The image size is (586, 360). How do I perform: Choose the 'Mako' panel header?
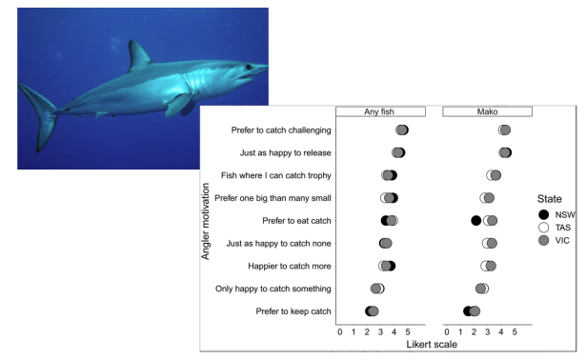click(487, 111)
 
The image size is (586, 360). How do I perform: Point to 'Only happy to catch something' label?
click(273, 289)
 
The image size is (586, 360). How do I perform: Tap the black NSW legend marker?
click(543, 214)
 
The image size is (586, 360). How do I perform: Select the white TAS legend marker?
click(543, 228)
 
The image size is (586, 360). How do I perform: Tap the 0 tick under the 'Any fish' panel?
click(340, 332)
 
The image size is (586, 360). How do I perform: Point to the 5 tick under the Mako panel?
click(515, 332)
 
